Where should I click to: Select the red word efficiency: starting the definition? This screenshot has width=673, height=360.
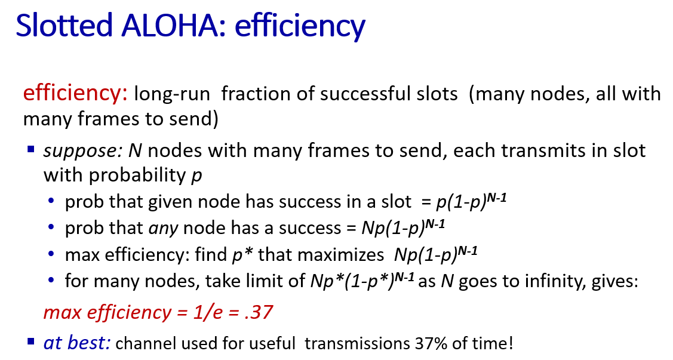pyautogui.click(x=75, y=93)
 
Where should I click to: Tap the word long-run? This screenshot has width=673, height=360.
pyautogui.click(x=172, y=94)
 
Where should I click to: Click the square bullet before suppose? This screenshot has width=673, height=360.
pyautogui.click(x=30, y=149)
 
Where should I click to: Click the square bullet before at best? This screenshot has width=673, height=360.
pyautogui.click(x=30, y=341)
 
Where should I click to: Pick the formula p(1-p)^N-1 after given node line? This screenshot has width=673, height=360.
pyautogui.click(x=471, y=201)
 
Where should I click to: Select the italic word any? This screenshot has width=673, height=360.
pyautogui.click(x=163, y=228)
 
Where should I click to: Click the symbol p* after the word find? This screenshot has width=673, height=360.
pyautogui.click(x=242, y=255)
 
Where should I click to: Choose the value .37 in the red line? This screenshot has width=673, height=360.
pyautogui.click(x=258, y=312)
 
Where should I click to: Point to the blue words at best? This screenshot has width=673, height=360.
pyautogui.click(x=77, y=343)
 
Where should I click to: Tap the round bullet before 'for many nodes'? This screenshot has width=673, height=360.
pyautogui.click(x=51, y=281)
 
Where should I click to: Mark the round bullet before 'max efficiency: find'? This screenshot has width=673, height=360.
pyautogui.click(x=51, y=254)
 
